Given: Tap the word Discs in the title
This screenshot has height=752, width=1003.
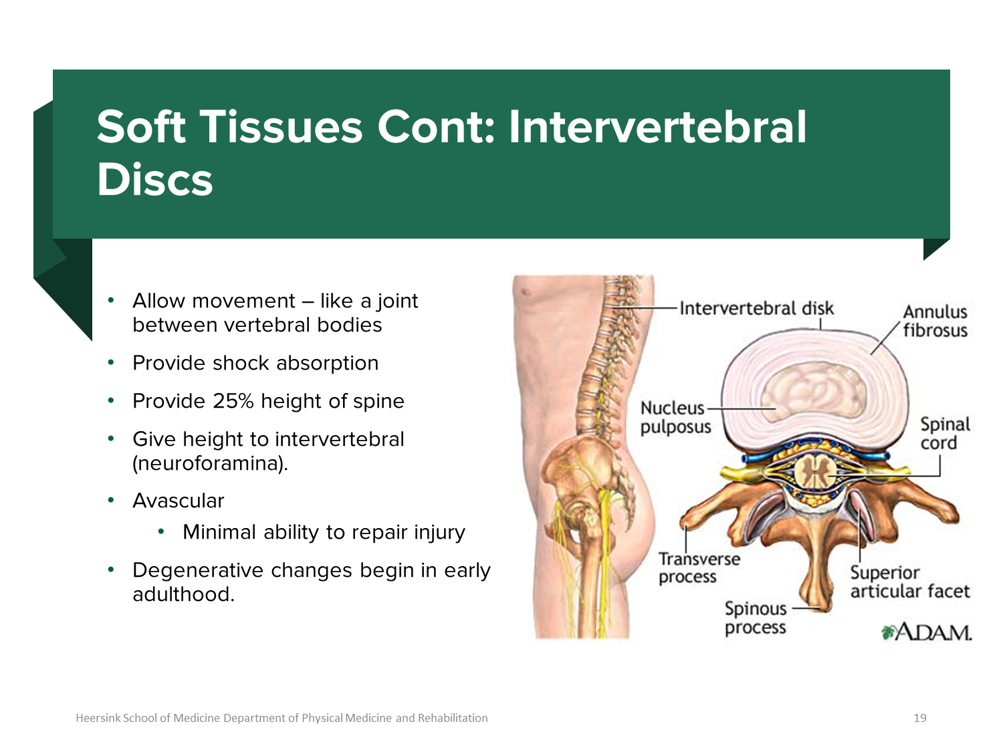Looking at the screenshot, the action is point(155,179).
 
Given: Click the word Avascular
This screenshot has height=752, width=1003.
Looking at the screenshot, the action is point(179,501).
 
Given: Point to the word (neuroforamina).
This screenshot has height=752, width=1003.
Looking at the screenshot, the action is point(210,463).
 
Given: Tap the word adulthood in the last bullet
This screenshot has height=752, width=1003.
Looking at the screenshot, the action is point(183,594).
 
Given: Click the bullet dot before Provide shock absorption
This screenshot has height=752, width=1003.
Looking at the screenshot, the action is point(110,363).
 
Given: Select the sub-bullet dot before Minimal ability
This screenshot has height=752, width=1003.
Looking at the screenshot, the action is point(160,532).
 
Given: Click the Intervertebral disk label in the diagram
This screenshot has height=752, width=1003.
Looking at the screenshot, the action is point(756,309).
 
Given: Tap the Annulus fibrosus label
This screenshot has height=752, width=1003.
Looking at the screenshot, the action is point(935,322).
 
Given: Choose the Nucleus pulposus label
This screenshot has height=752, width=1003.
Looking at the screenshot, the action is point(675,417).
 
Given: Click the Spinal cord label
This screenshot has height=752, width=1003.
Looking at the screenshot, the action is point(945,433).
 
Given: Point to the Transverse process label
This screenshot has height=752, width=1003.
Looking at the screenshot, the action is point(699,568).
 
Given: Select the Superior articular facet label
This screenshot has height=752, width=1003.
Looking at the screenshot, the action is point(909,582).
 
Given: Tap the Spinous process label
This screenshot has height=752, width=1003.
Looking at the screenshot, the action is point(756,618).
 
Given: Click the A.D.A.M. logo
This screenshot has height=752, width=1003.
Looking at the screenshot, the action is point(926,632).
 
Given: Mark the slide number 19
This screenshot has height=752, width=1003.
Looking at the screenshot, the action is point(920,718).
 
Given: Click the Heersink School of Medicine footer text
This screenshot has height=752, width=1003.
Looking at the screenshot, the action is point(282,718).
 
